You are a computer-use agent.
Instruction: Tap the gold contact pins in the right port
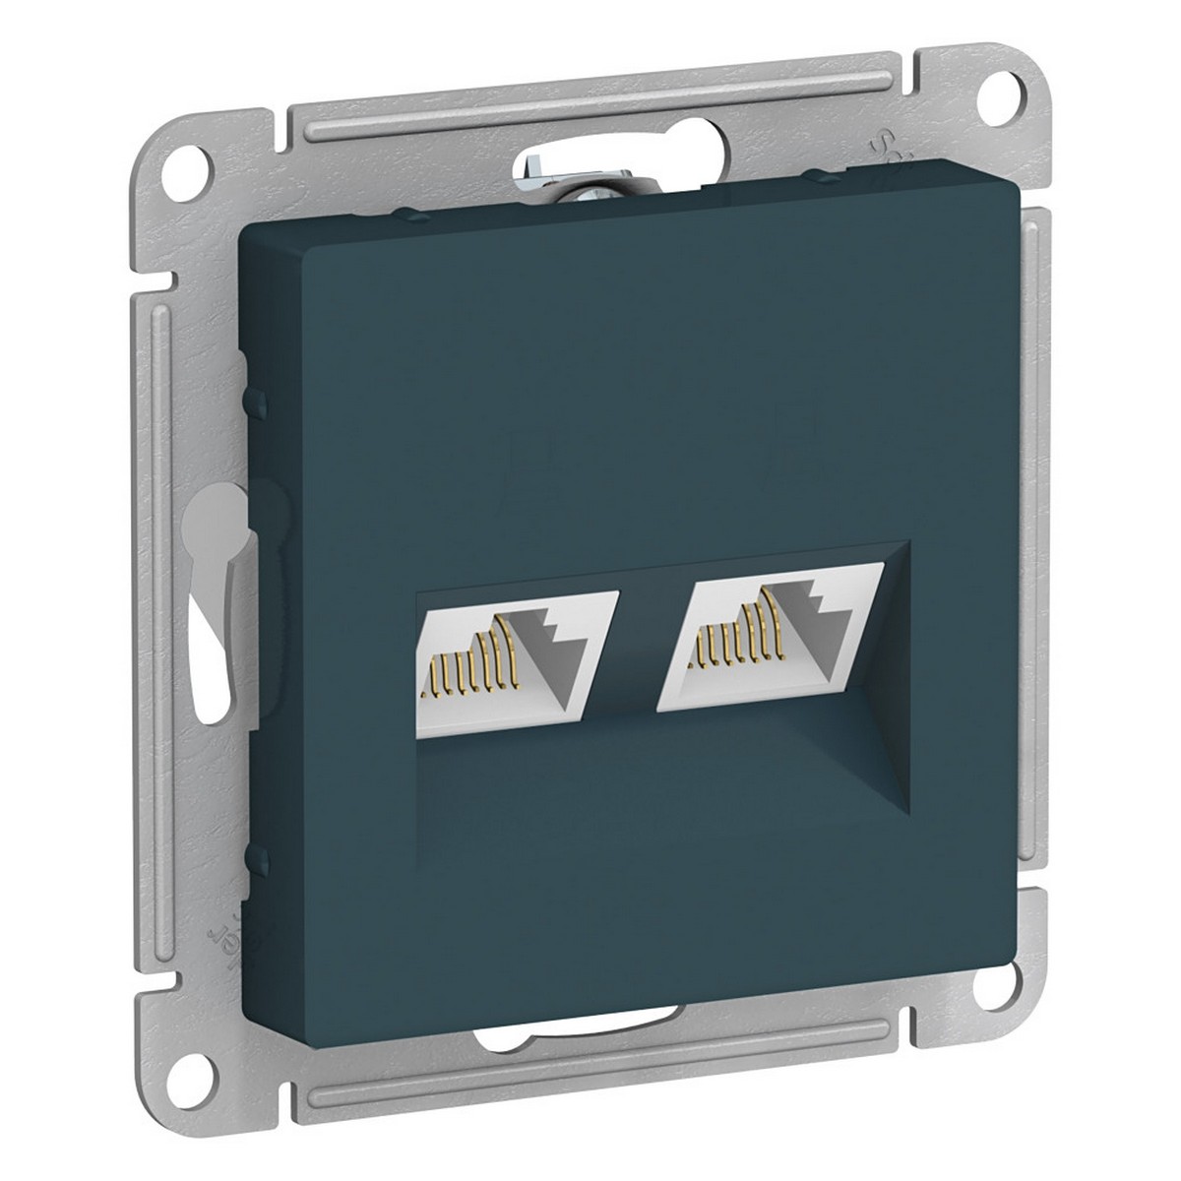(x=728, y=640)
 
